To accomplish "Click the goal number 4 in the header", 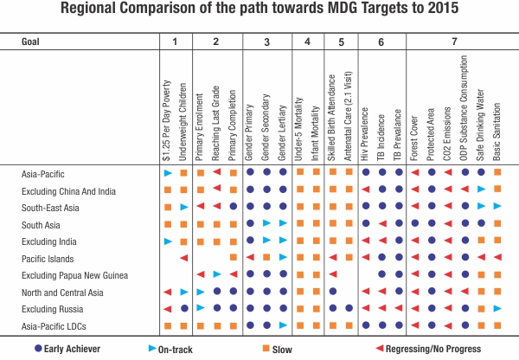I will [306, 41].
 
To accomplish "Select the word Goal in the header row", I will [31, 41].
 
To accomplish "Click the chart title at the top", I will [259, 11].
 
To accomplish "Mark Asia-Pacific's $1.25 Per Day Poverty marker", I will [168, 173].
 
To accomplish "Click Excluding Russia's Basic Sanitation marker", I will [497, 308].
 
